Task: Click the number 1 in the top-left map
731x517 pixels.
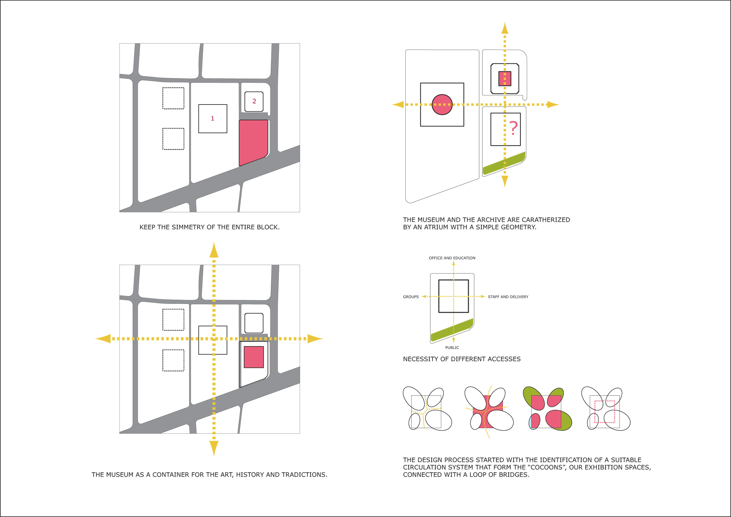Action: (x=212, y=118)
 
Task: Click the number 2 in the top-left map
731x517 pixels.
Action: (x=254, y=101)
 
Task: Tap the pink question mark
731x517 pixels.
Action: (x=514, y=128)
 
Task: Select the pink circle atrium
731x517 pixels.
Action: (x=442, y=105)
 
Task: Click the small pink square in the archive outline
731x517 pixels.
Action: (x=505, y=79)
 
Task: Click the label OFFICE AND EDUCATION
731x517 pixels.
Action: (x=452, y=258)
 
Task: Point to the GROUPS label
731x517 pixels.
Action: (x=411, y=297)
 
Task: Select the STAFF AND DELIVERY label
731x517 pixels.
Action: (x=508, y=297)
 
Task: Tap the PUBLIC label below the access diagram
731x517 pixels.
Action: (x=452, y=348)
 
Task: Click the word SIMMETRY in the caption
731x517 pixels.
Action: (x=188, y=227)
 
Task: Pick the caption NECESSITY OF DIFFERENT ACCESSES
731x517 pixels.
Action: (x=462, y=359)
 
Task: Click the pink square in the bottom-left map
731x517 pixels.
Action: (x=254, y=357)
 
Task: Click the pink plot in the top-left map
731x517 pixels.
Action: (x=253, y=141)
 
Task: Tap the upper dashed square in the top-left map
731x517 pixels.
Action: (x=173, y=98)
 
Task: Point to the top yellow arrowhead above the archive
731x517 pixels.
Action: (x=505, y=29)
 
